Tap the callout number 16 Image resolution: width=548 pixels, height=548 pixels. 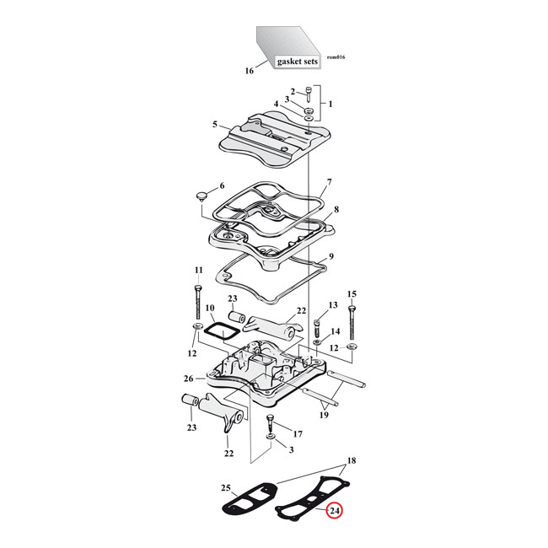[250, 72]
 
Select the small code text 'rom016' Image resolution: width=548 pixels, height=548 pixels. [336, 56]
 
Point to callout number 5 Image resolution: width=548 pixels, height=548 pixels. [216, 124]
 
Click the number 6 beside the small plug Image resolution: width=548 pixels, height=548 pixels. [222, 185]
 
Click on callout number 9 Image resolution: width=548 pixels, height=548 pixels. [331, 256]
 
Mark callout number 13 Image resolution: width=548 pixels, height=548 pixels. [332, 304]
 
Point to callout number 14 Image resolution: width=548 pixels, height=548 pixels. [336, 330]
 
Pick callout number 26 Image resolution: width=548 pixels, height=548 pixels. [188, 379]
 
